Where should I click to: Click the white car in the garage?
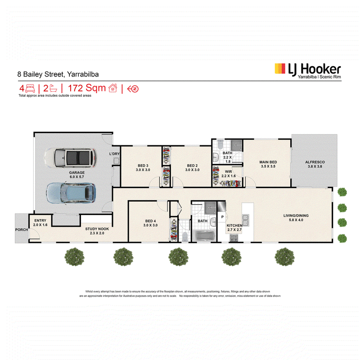pyautogui.click(x=71, y=158)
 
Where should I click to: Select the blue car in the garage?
pyautogui.click(x=71, y=193)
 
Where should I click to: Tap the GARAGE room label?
pyautogui.click(x=76, y=173)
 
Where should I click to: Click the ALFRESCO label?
pyautogui.click(x=315, y=162)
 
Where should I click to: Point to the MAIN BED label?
pyautogui.click(x=268, y=162)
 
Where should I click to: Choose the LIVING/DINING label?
pyautogui.click(x=296, y=216)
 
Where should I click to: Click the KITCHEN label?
pyautogui.click(x=234, y=225)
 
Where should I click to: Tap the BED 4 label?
pyautogui.click(x=150, y=221)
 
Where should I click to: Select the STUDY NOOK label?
pyautogui.click(x=97, y=229)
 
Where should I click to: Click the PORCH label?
pyautogui.click(x=21, y=229)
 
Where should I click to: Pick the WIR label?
pyautogui.click(x=229, y=172)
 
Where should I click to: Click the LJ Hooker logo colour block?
pyautogui.click(x=280, y=69)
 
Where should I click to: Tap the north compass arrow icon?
pyautogui.click(x=133, y=89)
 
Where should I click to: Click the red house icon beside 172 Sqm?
pyautogui.click(x=113, y=88)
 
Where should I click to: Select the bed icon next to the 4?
pyautogui.click(x=30, y=88)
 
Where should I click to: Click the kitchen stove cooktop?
pyautogui.click(x=234, y=238)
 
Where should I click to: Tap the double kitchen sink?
pyautogui.click(x=245, y=220)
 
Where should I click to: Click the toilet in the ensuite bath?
pyautogui.click(x=220, y=144)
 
